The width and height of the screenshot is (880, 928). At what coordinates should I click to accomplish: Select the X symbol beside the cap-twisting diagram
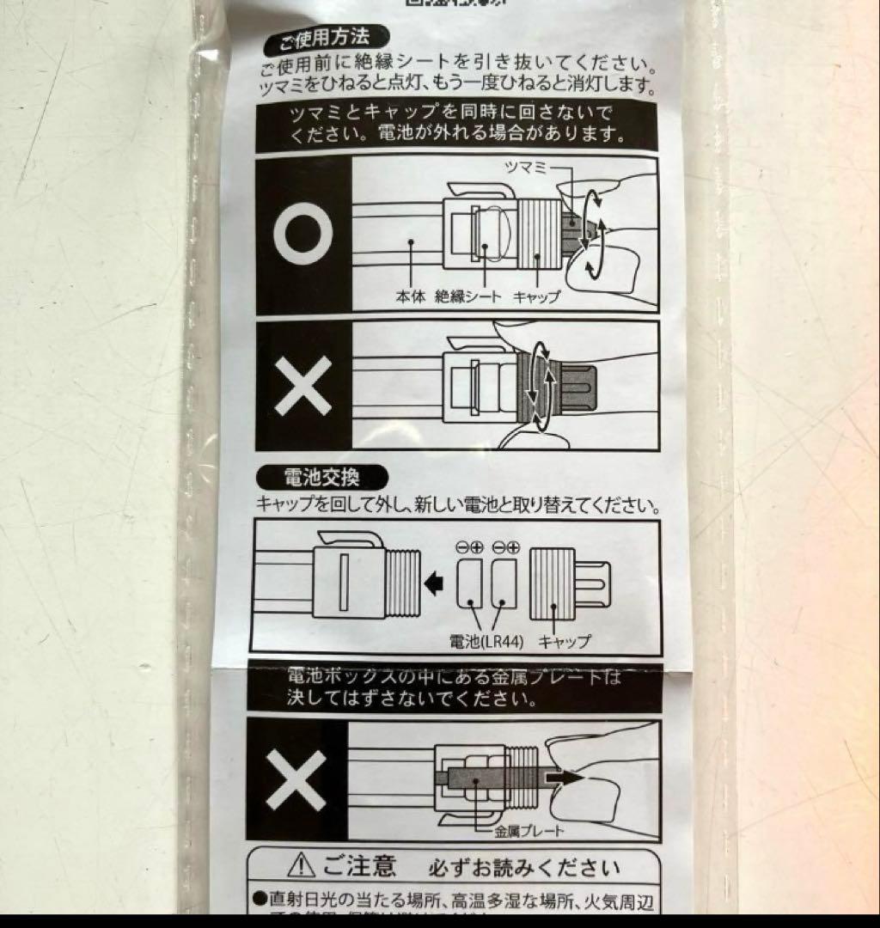[x=304, y=386]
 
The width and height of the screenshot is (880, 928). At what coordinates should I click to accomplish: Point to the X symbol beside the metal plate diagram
[x=296, y=780]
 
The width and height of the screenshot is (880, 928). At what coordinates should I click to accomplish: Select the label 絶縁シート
[x=469, y=296]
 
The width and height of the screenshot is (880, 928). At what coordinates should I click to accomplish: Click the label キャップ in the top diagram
[x=536, y=296]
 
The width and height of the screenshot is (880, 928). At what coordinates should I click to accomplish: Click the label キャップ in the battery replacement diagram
[x=565, y=641]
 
